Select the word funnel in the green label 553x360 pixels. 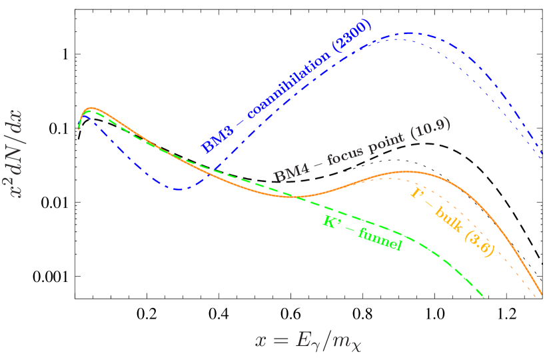(x=380, y=239)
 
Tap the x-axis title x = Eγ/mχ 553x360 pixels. (x=308, y=341)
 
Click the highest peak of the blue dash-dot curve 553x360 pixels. (x=406, y=33)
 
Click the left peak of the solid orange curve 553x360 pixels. (x=92, y=107)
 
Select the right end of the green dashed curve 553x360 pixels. (x=483, y=297)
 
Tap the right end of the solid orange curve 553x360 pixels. (x=542, y=293)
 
